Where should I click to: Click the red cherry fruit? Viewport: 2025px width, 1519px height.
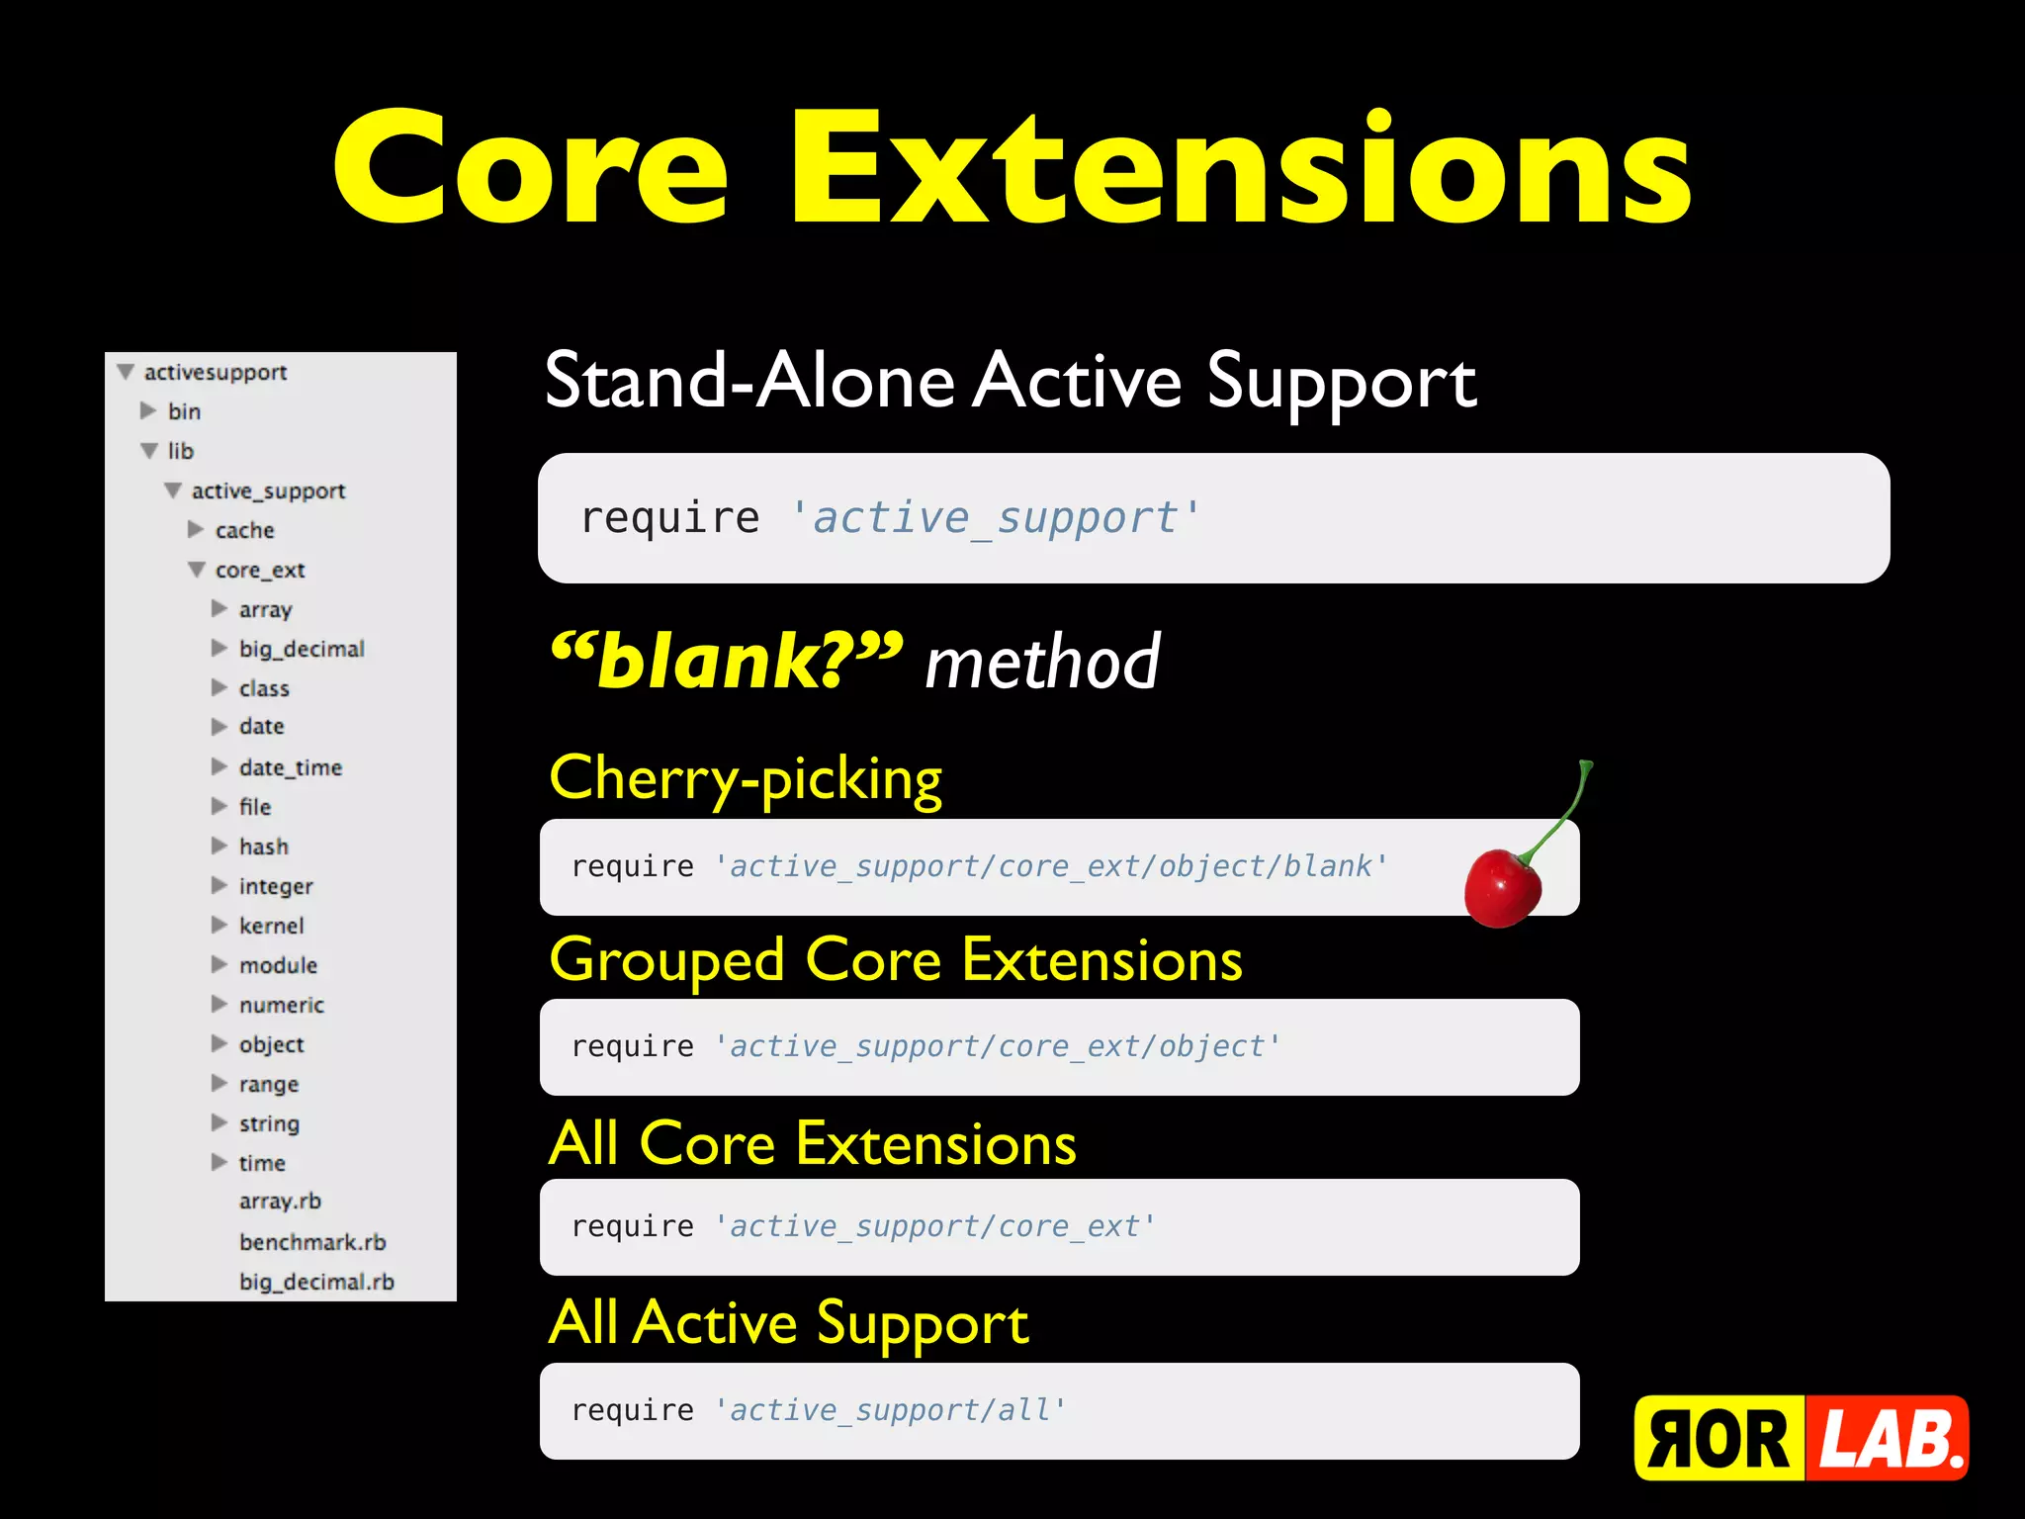coord(1501,886)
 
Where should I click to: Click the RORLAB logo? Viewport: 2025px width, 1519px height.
coord(1801,1438)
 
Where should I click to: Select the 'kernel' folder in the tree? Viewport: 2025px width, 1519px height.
coord(271,926)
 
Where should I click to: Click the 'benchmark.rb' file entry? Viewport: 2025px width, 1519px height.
coord(312,1242)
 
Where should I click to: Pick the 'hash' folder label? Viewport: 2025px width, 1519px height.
coord(263,847)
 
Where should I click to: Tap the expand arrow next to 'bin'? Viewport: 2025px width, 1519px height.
coord(148,410)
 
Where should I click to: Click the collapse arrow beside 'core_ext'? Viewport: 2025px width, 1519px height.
coord(197,570)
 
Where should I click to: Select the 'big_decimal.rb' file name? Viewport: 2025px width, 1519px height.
coord(316,1282)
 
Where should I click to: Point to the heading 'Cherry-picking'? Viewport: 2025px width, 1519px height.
coord(746,779)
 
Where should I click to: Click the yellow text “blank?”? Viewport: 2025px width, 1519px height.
coord(727,661)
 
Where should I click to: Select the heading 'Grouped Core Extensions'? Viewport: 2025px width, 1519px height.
coord(896,960)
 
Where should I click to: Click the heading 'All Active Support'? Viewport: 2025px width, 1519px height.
coord(788,1323)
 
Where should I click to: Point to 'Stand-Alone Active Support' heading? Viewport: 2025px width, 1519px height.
coord(1010,382)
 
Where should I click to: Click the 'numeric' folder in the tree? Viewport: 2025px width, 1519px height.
coord(281,1005)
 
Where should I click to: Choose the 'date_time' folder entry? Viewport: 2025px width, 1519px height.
coord(290,767)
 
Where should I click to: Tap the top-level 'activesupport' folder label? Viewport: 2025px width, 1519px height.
coord(215,372)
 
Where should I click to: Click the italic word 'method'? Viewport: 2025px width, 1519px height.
coord(1042,663)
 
